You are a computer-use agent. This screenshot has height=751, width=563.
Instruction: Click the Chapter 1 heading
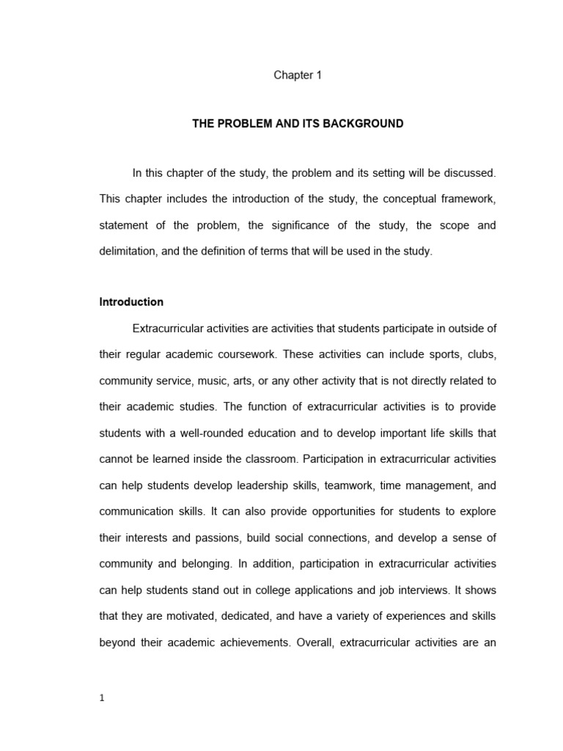pos(298,75)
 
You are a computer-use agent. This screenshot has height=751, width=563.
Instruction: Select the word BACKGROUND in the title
pos(367,124)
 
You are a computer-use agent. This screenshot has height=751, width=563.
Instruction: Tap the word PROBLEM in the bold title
pos(244,124)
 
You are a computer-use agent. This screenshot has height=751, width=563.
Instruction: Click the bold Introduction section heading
pos(131,302)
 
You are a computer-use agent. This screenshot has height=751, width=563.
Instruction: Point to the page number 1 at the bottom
pos(102,698)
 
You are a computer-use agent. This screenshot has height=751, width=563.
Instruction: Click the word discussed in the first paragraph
pos(470,173)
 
